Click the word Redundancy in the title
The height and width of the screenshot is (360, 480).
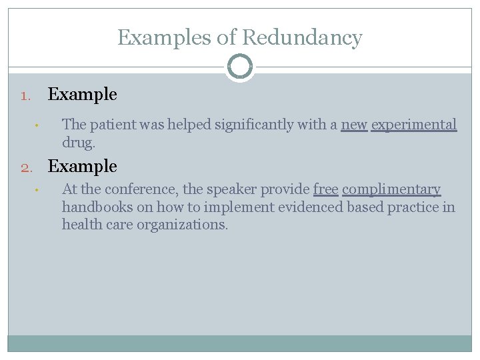[x=302, y=38]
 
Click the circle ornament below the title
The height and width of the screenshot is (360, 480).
[x=240, y=67]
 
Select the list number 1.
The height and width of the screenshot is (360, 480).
[x=26, y=96]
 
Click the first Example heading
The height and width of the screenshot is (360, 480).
[x=82, y=95]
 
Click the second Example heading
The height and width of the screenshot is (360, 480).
[x=82, y=167]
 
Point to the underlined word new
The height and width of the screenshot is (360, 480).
[x=354, y=125]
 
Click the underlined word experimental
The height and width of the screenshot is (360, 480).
[x=414, y=125]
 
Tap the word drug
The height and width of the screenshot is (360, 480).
[x=78, y=142]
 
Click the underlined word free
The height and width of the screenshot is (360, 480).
[x=325, y=190]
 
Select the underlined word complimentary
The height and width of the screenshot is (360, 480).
[x=391, y=190]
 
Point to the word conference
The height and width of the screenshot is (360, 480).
[x=141, y=190]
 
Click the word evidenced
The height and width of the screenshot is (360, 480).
[x=300, y=207]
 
